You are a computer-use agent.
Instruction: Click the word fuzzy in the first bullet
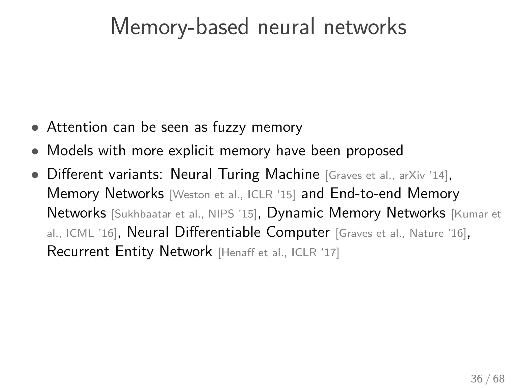pos(229,127)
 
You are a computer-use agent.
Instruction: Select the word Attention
pos(77,127)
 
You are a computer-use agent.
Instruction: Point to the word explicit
pos(191,151)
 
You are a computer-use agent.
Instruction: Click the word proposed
pos(375,151)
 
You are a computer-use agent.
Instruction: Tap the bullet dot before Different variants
pos(35,175)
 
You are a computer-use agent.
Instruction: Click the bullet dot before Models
pos(35,152)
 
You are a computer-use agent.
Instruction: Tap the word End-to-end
pos(366,194)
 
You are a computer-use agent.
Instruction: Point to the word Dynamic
pos(295,213)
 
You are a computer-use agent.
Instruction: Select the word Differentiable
pos(217,232)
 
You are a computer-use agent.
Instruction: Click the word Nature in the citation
pos(426,233)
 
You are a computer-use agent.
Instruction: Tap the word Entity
pos(134,252)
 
